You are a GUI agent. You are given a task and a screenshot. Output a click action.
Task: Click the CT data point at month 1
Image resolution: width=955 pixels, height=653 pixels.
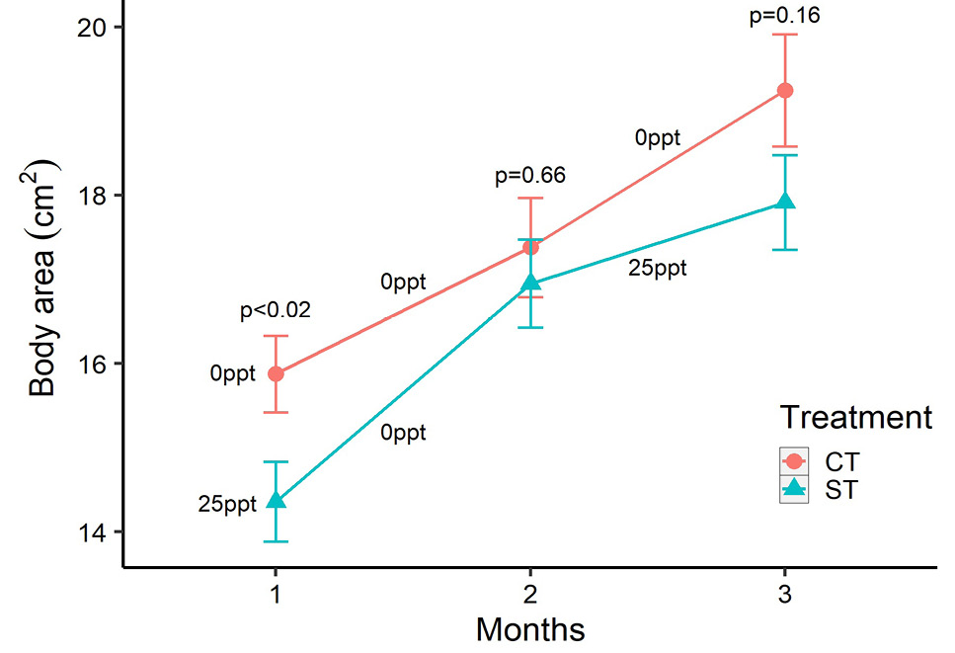pos(276,373)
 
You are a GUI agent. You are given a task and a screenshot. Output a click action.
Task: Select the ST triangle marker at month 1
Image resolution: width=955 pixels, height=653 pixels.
pos(276,500)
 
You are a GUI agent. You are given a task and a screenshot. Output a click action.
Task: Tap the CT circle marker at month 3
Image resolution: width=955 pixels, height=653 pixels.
pos(785,90)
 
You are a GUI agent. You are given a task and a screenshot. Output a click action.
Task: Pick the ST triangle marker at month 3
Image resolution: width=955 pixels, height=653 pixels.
pos(785,201)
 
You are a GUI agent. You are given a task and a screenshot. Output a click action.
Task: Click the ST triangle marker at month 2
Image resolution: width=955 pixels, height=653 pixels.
pos(530,282)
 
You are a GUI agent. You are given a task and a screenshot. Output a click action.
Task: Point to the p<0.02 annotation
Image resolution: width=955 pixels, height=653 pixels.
pos(276,310)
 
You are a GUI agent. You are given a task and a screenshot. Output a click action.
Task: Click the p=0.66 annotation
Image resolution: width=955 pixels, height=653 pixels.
pos(530,176)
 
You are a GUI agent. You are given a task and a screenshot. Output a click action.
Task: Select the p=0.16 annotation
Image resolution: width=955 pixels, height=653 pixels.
pos(785,15)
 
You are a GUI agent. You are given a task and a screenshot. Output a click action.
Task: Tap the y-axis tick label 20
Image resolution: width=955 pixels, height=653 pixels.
pos(93,28)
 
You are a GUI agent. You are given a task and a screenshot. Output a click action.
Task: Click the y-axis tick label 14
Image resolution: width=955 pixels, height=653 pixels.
pos(93,531)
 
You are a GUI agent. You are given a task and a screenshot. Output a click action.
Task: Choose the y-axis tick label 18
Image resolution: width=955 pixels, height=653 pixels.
pos(93,196)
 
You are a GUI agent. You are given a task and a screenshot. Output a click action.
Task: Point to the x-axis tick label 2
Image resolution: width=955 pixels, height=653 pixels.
pos(530,594)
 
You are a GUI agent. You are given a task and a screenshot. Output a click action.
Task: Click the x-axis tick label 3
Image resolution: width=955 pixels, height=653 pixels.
pos(785,594)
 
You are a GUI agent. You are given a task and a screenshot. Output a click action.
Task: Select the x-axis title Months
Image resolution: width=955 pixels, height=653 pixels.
pos(530,630)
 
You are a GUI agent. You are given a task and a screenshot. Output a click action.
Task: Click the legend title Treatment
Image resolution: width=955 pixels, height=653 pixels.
pos(856,418)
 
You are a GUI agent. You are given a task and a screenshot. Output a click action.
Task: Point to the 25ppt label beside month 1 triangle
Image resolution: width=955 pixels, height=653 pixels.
pos(227,505)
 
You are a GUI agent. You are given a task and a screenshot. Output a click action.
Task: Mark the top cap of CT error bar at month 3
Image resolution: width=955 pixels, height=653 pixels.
pos(785,35)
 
